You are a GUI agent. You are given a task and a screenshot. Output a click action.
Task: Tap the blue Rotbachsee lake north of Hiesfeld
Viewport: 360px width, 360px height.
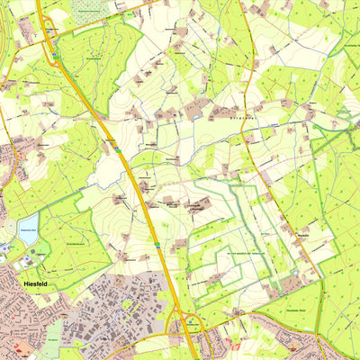point(27,224)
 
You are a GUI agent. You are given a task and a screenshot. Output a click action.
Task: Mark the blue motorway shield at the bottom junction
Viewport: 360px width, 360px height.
point(190,319)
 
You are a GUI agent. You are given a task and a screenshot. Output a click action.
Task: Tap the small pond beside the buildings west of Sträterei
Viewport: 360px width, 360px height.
point(194,116)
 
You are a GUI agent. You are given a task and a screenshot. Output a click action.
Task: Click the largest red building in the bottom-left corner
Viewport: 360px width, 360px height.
point(20,346)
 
